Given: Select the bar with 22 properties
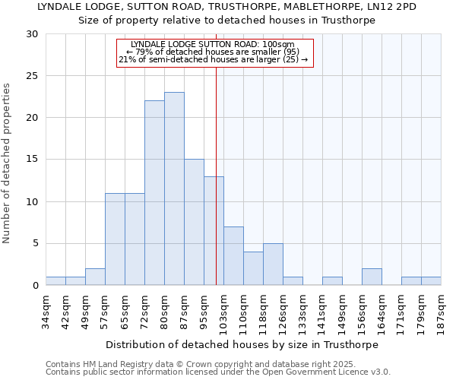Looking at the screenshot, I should (154, 193).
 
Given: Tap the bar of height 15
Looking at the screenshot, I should (194, 222).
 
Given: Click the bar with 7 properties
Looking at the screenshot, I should (233, 255).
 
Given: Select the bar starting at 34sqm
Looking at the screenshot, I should (55, 281).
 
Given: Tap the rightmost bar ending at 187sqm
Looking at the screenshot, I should (431, 281).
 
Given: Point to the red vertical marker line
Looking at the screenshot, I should (216, 152).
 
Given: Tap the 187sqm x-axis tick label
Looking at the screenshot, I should (441, 310).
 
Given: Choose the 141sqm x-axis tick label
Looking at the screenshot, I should (322, 310).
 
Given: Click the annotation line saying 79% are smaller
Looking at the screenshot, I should (214, 52).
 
